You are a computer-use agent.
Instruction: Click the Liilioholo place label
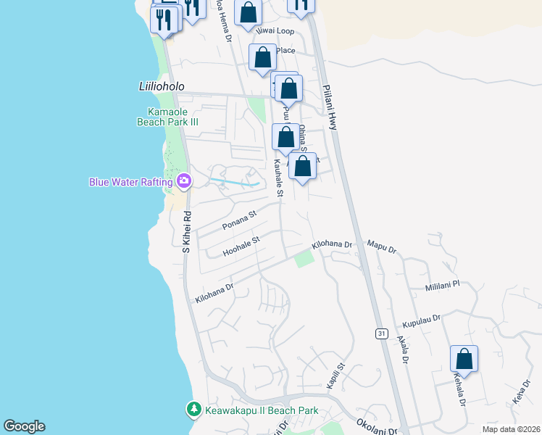151,86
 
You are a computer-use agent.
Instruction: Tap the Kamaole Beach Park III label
167,117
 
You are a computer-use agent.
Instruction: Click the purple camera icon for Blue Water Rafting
184,181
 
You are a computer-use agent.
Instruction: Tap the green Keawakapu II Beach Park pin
193,410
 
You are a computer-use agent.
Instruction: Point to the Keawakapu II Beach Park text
261,411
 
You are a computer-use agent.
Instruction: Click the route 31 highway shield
382,333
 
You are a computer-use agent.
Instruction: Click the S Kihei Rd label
186,231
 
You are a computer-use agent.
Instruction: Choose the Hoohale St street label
241,246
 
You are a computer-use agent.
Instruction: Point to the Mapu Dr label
382,249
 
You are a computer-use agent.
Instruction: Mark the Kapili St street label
334,376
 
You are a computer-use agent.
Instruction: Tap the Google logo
24,426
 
